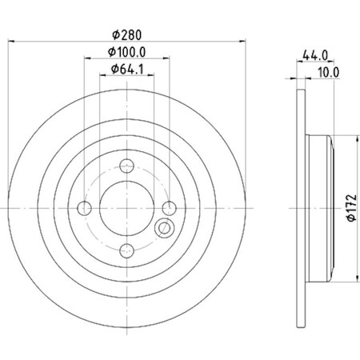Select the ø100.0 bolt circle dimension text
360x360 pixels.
click(126, 53)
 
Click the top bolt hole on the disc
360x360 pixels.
click(126, 167)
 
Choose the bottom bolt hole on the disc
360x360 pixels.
click(126, 249)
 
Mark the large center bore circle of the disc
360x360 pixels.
click(126, 208)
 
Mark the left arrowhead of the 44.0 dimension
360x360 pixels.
click(298, 62)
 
